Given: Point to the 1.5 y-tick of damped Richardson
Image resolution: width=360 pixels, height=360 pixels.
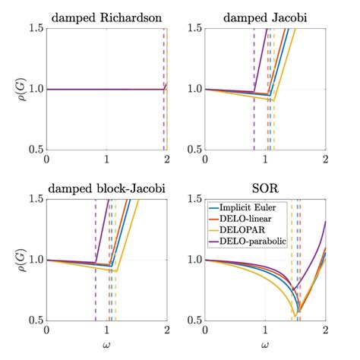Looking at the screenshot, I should (33, 28).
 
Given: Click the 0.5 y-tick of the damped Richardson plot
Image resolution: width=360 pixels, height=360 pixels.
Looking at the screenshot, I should (33, 150).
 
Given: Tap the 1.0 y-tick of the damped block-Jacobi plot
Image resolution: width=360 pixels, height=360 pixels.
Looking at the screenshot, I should (33, 260).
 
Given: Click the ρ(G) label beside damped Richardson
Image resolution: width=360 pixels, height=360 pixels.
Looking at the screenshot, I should (12, 89).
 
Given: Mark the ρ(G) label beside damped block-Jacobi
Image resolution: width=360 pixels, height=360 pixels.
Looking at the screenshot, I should (12, 260).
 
